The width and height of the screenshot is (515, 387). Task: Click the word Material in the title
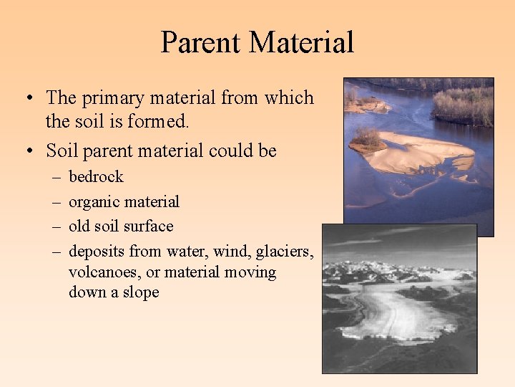coord(303,42)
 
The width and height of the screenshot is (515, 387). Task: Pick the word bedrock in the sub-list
coord(96,176)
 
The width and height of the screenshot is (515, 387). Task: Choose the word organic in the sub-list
coord(93,201)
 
